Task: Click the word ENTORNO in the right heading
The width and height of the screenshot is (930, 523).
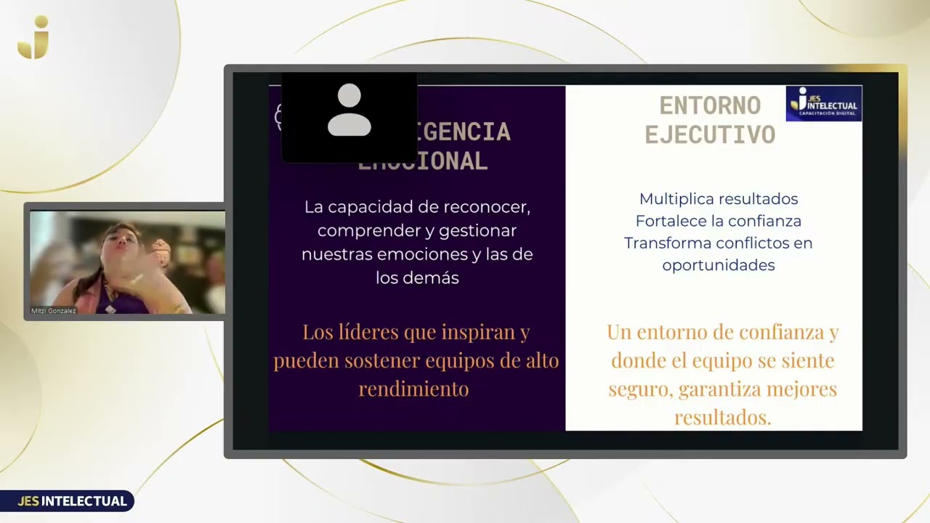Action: click(x=710, y=106)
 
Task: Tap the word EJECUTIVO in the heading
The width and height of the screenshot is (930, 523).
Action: click(x=710, y=135)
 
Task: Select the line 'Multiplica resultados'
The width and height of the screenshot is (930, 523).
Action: click(x=718, y=199)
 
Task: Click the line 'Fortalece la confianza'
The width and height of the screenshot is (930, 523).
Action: click(x=718, y=221)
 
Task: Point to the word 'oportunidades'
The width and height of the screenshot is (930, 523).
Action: click(x=718, y=265)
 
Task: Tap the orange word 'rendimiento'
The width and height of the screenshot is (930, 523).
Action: click(x=413, y=389)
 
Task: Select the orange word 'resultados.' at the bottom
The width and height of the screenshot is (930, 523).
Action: click(x=722, y=418)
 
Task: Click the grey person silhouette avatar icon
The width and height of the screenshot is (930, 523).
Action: click(x=349, y=110)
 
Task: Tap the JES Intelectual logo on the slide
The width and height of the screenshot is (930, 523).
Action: click(x=824, y=103)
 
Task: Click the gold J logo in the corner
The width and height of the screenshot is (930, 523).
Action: click(x=33, y=38)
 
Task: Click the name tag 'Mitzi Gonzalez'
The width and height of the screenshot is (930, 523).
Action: click(x=53, y=311)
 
